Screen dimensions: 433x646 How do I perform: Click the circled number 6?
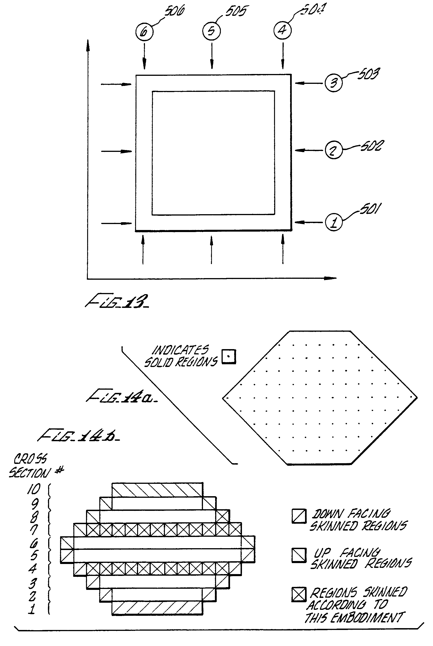coord(144,32)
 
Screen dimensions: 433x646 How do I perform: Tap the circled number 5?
coord(211,31)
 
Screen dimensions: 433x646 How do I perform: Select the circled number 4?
coord(283,30)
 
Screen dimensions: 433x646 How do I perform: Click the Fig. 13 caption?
coord(117,301)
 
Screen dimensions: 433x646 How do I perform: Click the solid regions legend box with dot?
coord(229,357)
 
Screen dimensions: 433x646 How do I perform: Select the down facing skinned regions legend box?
coord(299,516)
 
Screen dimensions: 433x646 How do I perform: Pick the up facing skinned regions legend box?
coord(299,555)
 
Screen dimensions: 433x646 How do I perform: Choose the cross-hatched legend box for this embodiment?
coord(299,594)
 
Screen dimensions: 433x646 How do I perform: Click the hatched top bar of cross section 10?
coord(157,490)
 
